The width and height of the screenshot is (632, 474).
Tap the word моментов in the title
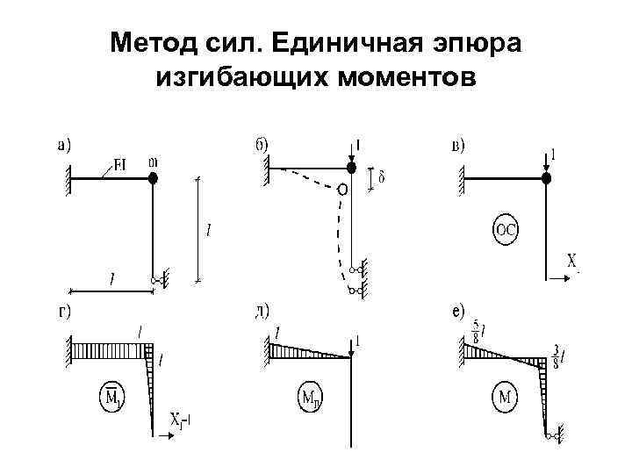pyautogui.click(x=395, y=78)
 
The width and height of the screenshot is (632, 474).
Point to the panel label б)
pyautogui.click(x=261, y=145)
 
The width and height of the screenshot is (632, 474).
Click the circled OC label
pyautogui.click(x=507, y=231)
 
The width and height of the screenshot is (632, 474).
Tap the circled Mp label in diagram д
pyautogui.click(x=309, y=400)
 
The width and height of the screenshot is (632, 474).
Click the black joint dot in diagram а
pyautogui.click(x=153, y=178)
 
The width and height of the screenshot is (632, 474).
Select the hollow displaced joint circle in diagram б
pyautogui.click(x=341, y=189)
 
